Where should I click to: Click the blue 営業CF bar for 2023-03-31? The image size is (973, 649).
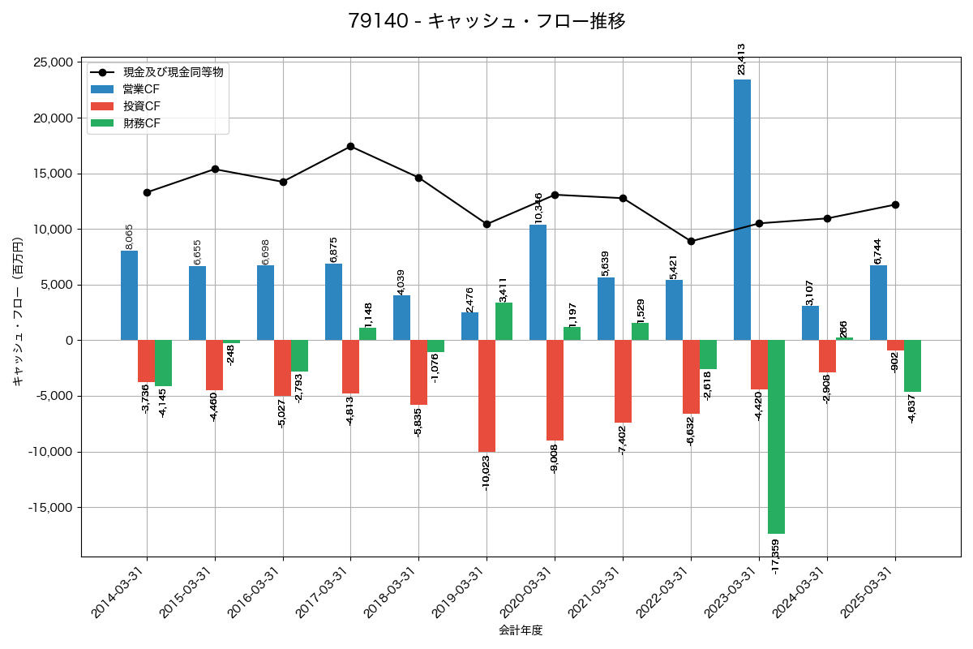(x=742, y=210)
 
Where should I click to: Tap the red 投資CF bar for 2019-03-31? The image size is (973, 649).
(x=486, y=396)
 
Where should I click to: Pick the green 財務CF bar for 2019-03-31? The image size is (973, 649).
(x=504, y=321)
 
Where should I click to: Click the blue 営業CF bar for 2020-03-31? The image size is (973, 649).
(x=538, y=282)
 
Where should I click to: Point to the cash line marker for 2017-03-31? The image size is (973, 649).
(x=350, y=146)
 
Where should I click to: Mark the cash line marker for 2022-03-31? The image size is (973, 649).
(x=691, y=241)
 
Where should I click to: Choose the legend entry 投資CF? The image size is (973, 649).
(x=141, y=106)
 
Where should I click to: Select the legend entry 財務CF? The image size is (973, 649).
(x=141, y=123)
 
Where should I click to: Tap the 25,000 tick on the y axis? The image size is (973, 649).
(x=50, y=62)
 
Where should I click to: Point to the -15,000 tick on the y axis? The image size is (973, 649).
(x=48, y=508)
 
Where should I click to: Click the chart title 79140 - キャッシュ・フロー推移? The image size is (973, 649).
(x=486, y=21)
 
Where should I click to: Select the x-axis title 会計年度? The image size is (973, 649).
(x=521, y=630)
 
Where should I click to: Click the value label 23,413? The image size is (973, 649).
(x=741, y=59)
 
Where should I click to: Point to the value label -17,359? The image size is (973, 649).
(x=776, y=557)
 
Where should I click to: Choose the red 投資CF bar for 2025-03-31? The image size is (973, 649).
(x=895, y=346)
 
